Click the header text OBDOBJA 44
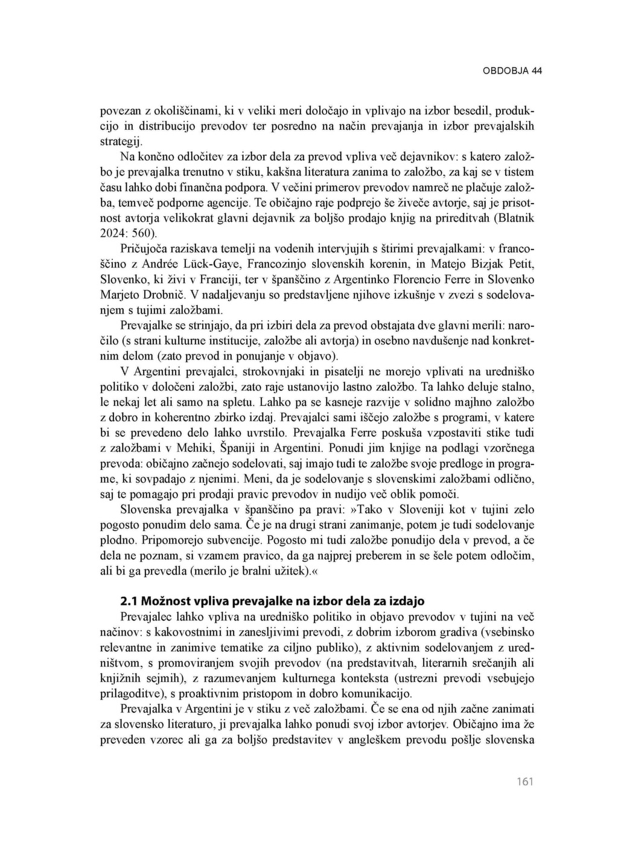coord(512,71)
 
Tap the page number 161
coord(525,782)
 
